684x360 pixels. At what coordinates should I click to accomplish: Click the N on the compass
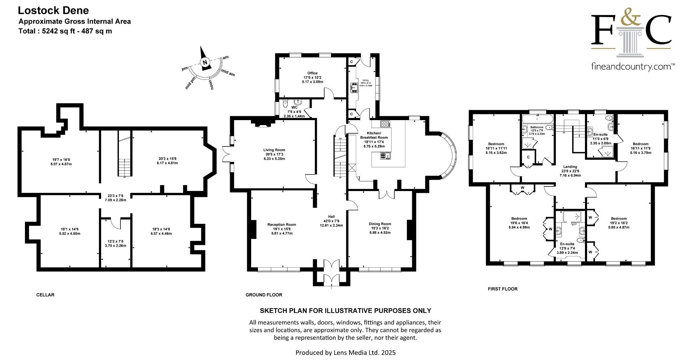(x=205, y=62)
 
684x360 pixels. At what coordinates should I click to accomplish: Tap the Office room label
(x=312, y=73)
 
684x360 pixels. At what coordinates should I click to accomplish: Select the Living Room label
(x=274, y=150)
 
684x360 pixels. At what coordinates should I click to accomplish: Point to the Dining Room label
(x=380, y=224)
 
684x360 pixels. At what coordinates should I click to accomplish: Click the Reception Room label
(x=281, y=225)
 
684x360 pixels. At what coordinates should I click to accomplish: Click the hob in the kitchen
(x=385, y=124)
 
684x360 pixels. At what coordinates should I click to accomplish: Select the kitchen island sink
(x=385, y=155)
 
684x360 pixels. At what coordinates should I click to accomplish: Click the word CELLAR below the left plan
(x=45, y=295)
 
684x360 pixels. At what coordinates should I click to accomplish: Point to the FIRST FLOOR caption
(x=502, y=289)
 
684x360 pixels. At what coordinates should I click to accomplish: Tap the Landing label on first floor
(x=570, y=166)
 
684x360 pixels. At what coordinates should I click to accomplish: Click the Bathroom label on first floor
(x=537, y=127)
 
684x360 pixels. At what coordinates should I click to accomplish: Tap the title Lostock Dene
(x=53, y=10)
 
